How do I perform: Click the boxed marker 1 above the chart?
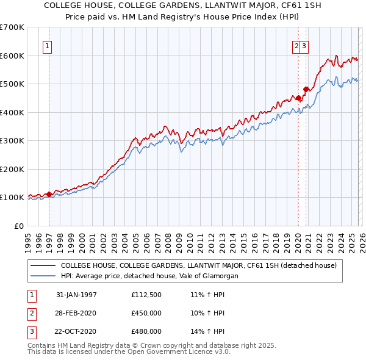pyautogui.click(x=48, y=45)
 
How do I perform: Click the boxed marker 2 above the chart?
pyautogui.click(x=297, y=45)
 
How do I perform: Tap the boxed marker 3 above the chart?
pyautogui.click(x=304, y=45)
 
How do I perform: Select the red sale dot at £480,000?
pyautogui.click(x=306, y=90)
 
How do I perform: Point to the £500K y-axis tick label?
pyautogui.click(x=12, y=84)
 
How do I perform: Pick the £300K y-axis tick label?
pyautogui.click(x=12, y=140)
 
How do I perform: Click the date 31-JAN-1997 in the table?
pyautogui.click(x=76, y=295)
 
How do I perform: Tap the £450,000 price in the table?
pyautogui.click(x=146, y=313)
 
